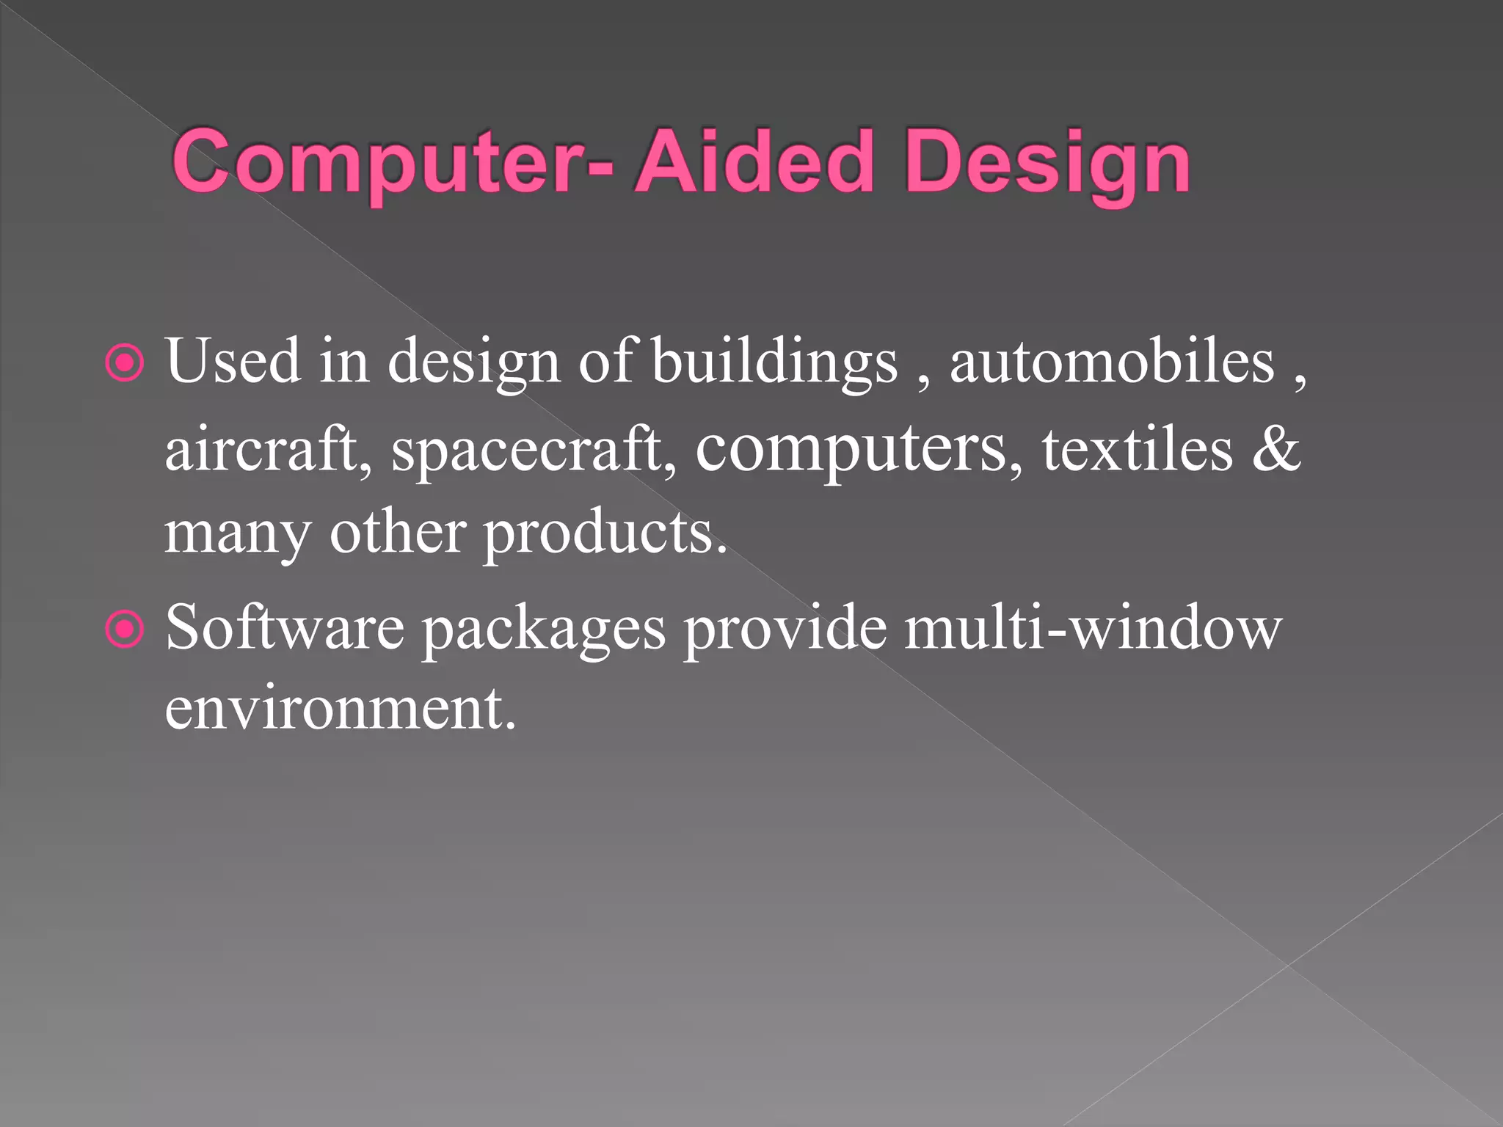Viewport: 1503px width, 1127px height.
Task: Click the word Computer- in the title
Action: tap(392, 161)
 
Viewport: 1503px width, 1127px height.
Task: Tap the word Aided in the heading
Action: tap(755, 161)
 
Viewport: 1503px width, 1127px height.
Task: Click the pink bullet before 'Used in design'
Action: tap(125, 362)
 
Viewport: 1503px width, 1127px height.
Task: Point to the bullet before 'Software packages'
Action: tap(125, 629)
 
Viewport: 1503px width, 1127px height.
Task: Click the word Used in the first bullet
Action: tap(233, 361)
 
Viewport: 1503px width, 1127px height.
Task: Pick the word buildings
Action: tap(774, 362)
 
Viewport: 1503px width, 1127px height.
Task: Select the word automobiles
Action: tap(1112, 361)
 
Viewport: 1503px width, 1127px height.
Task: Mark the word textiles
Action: tap(1138, 449)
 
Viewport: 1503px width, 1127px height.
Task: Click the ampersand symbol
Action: tap(1276, 449)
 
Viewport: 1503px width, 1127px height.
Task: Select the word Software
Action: tap(284, 628)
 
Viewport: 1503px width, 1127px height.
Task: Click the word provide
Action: tap(785, 630)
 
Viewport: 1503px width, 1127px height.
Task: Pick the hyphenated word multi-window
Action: tap(1093, 628)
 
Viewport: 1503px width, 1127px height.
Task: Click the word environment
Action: tap(340, 709)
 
